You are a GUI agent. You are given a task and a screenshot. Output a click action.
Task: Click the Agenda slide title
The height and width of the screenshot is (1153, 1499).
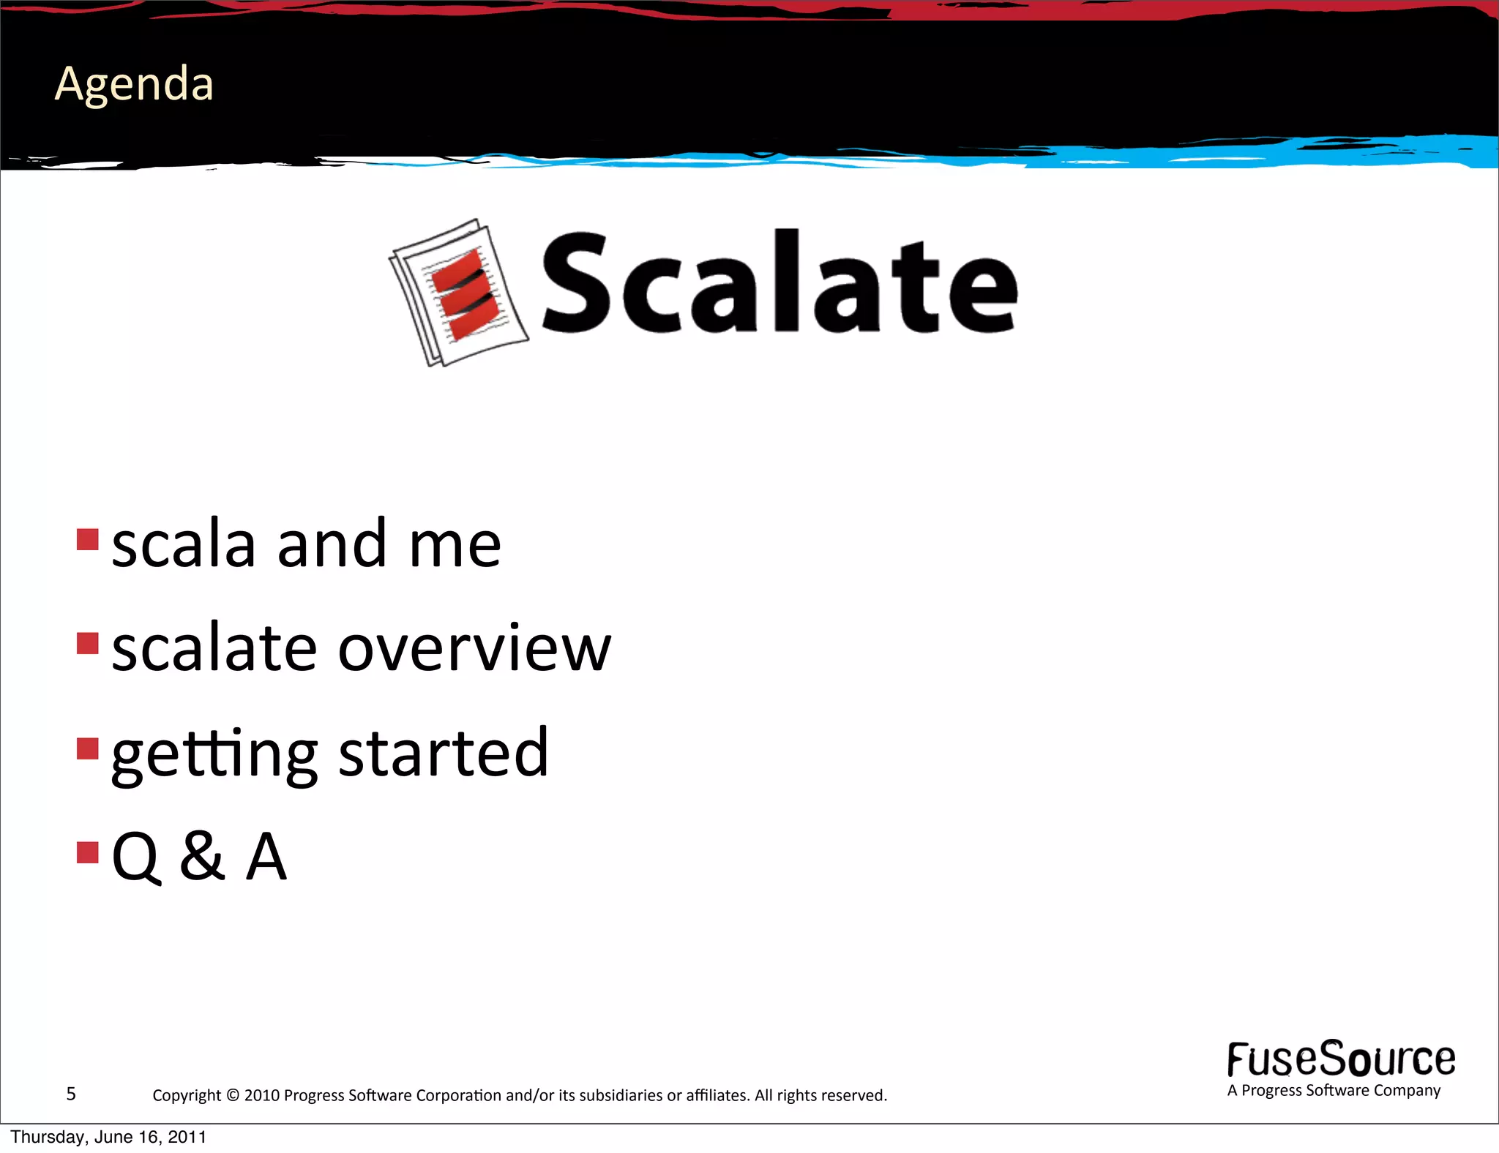pos(134,84)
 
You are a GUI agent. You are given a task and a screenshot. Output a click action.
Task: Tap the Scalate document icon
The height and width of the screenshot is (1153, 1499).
pos(458,293)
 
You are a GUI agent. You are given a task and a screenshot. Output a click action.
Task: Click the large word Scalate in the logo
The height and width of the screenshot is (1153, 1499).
pos(779,283)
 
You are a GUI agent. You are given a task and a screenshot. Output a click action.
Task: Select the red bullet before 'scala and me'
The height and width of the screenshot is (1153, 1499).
pos(87,540)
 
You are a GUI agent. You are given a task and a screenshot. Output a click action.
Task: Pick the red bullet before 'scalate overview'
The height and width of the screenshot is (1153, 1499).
pos(87,644)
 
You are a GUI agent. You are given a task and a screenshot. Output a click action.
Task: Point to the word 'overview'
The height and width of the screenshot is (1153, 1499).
pos(474,649)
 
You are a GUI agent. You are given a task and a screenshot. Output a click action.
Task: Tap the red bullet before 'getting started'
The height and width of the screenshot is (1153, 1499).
pos(87,748)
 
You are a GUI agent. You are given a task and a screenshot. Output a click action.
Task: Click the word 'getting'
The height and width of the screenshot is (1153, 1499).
pos(214,756)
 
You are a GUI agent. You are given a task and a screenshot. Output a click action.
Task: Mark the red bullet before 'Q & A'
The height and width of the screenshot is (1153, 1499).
pos(87,852)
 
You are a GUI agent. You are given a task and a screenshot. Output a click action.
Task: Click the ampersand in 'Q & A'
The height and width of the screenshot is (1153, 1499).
pos(202,857)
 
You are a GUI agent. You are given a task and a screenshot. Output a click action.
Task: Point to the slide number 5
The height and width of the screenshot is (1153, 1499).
pos(71,1094)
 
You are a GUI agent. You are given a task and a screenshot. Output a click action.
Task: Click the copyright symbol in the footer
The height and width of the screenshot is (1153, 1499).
pos(233,1095)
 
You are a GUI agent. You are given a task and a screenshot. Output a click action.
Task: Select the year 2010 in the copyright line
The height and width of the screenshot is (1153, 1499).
pos(262,1095)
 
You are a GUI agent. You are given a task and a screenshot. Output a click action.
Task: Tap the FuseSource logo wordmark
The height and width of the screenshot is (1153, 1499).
pos(1341,1060)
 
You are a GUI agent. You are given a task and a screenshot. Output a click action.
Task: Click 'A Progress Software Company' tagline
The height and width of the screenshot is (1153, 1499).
pos(1334,1091)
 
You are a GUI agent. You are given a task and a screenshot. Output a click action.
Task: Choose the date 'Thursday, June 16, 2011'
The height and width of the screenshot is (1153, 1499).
pos(108,1137)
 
